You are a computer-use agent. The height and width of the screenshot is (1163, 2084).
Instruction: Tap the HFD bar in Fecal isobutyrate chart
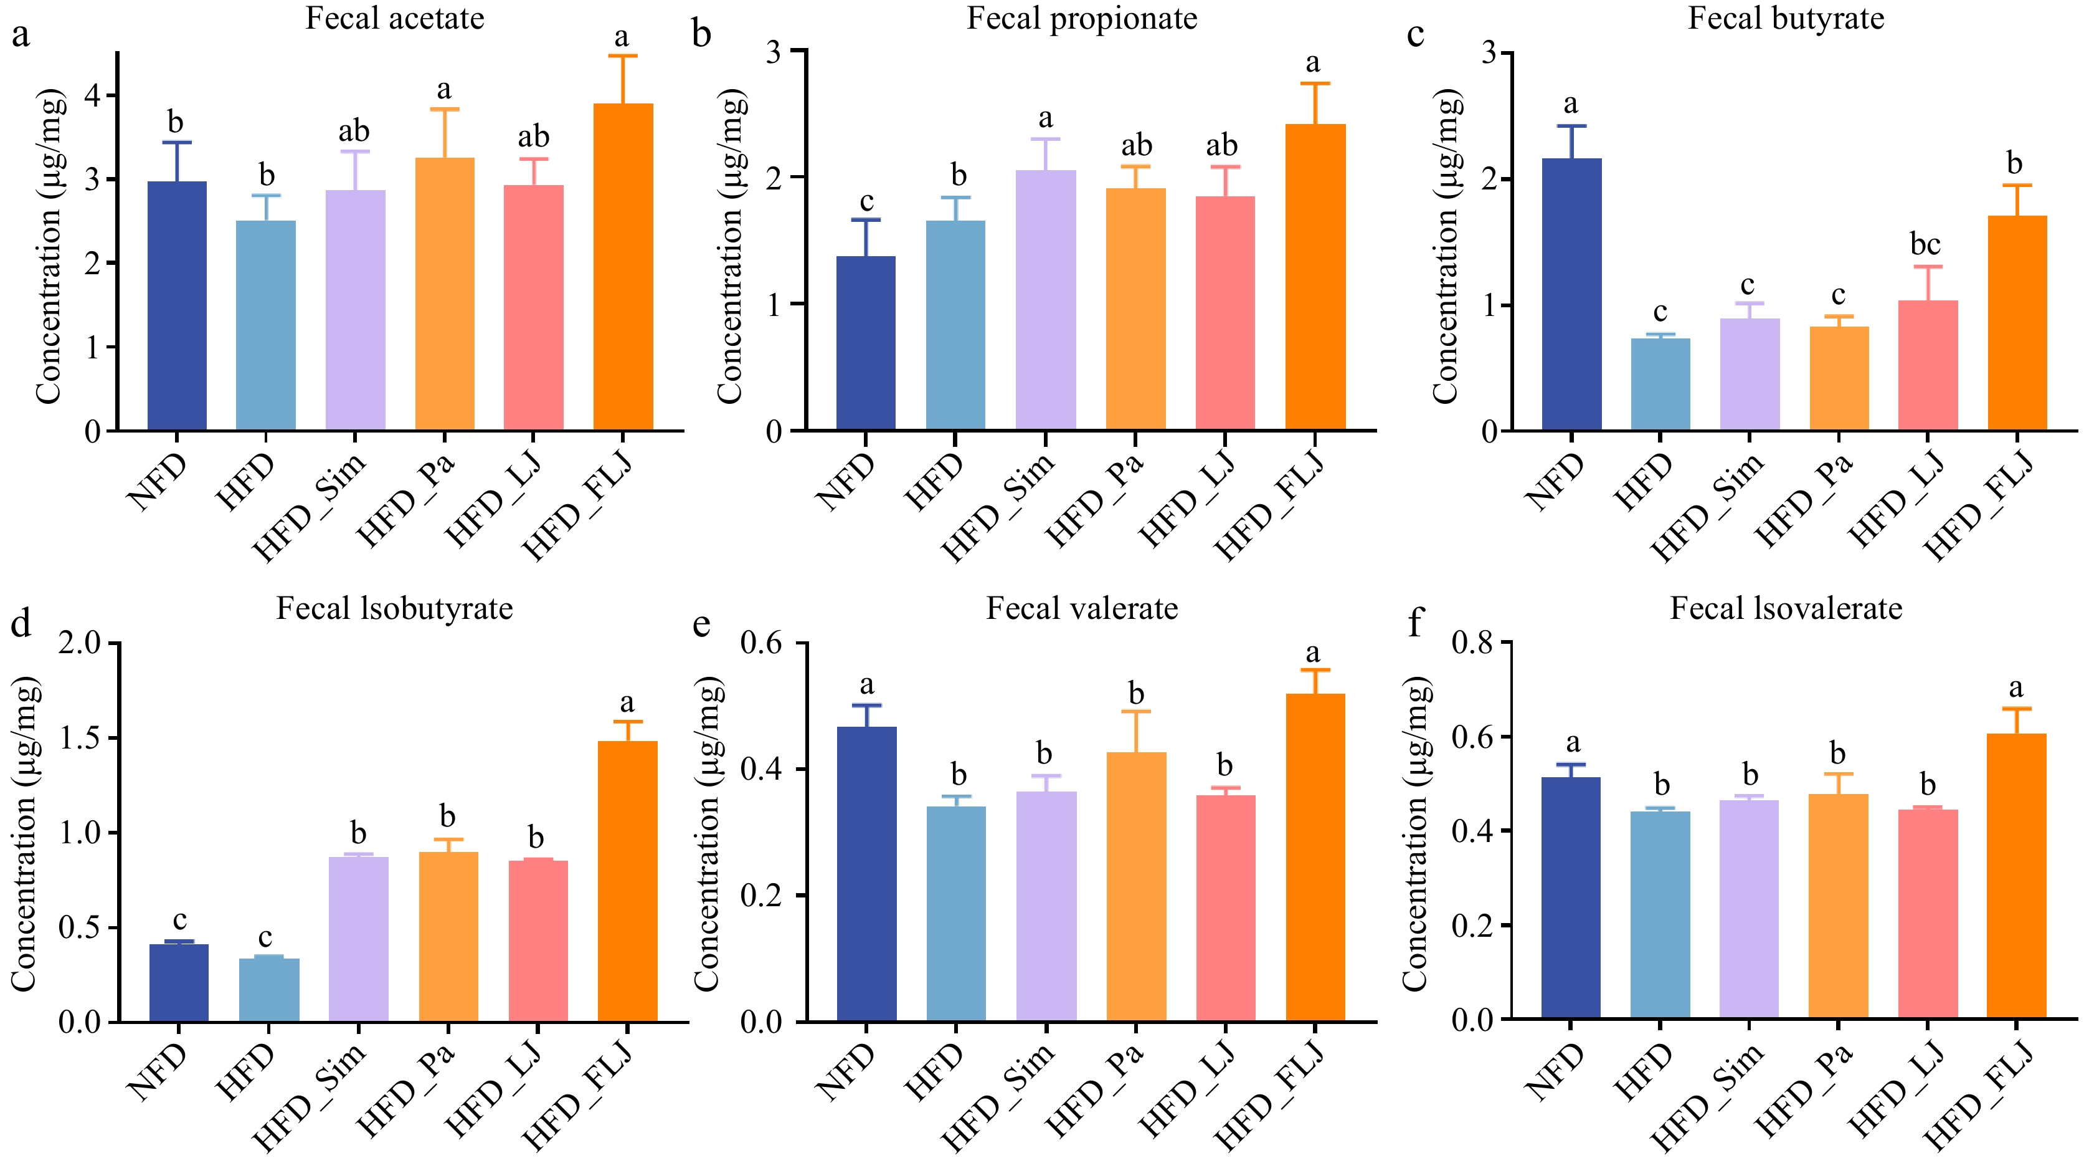(270, 990)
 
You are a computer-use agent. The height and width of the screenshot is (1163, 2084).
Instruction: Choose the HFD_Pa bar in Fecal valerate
(1136, 887)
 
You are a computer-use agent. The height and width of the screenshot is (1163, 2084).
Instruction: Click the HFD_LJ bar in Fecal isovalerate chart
(1928, 914)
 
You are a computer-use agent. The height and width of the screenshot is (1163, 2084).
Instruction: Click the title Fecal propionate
(1082, 18)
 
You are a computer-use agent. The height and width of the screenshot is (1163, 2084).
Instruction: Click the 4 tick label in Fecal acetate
(93, 95)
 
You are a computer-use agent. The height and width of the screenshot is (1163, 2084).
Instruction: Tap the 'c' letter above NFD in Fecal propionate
(866, 201)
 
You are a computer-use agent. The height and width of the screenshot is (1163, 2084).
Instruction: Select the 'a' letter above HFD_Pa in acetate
(443, 89)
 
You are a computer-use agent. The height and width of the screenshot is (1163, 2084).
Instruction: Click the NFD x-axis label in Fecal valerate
(847, 1073)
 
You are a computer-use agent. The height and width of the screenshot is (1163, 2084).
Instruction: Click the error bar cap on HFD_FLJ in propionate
(1315, 84)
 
